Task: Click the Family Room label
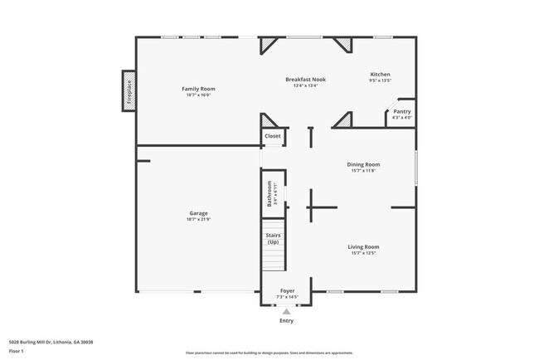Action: (198, 89)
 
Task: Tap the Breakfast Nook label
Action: (305, 80)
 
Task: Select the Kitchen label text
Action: (380, 75)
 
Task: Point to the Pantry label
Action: (401, 111)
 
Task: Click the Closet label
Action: (273, 135)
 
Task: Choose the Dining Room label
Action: (363, 164)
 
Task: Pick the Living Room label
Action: (363, 246)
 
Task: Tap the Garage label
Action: (198, 213)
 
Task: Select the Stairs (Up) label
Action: (273, 238)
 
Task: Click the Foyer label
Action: (287, 291)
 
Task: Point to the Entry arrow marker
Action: (287, 311)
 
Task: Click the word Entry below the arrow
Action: (287, 320)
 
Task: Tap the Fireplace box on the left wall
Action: (129, 90)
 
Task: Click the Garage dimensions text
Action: (198, 219)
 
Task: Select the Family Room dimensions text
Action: (198, 95)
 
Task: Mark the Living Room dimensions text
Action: (363, 253)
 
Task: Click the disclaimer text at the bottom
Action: (269, 353)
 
